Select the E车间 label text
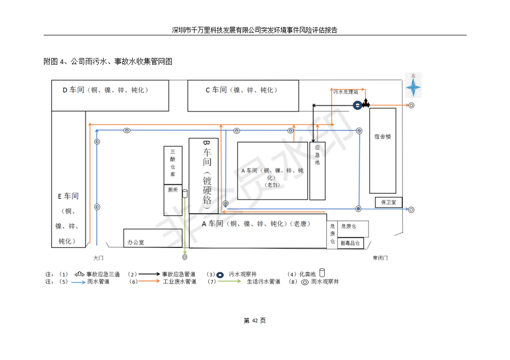[68, 196]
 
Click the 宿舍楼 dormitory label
[382, 136]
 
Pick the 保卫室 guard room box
[388, 202]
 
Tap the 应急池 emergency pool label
[317, 155]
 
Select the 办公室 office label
[135, 242]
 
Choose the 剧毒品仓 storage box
[351, 243]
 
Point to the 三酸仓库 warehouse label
[173, 163]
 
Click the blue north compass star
[413, 88]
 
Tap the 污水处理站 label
[345, 92]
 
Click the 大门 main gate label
[98, 258]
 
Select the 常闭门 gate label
[380, 258]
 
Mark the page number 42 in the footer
[255, 321]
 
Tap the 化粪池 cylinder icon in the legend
[322, 273]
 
